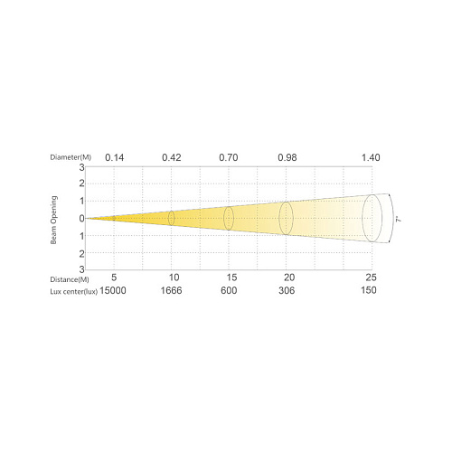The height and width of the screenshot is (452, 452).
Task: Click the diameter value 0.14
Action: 115,157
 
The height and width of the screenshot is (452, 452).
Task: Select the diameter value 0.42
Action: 172,157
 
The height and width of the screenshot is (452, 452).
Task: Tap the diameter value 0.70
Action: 229,157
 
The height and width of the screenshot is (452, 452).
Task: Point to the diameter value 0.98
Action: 287,157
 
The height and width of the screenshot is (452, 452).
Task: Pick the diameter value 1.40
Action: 371,157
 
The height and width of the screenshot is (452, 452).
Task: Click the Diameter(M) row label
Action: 71,157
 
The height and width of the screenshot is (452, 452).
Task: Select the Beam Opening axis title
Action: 53,220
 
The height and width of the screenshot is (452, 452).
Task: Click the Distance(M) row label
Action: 70,279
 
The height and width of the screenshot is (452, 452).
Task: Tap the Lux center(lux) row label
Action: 73,292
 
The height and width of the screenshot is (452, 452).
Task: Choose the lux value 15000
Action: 113,290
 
